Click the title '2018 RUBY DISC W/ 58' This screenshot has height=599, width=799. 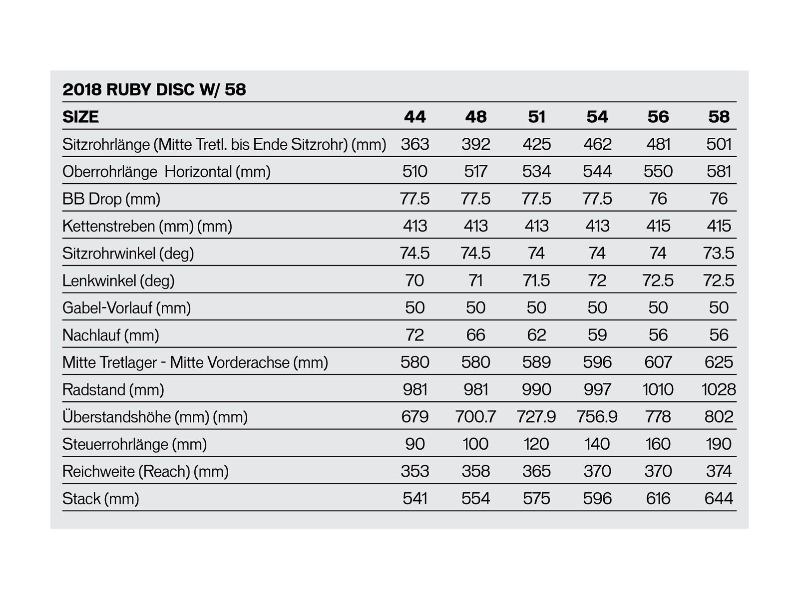(154, 90)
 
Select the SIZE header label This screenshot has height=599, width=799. (80, 117)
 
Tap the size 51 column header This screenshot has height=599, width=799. (536, 117)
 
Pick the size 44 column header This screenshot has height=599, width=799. (414, 117)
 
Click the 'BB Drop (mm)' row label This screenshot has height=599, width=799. (111, 199)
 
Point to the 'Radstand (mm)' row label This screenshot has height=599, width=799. (113, 389)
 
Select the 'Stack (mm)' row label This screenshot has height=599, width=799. (100, 498)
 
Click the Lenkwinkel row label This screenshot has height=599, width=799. (118, 281)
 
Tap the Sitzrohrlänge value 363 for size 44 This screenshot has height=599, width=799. (414, 144)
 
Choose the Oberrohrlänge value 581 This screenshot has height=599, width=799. (719, 172)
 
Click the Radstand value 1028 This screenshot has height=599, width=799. (719, 389)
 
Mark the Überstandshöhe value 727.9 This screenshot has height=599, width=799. (536, 417)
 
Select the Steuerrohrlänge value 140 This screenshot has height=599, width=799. (597, 444)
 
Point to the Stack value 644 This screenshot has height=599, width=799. (719, 498)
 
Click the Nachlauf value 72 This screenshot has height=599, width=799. (414, 335)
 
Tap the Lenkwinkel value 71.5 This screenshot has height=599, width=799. (536, 281)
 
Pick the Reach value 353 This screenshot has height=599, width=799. (414, 471)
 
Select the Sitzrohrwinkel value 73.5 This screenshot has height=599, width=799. (719, 253)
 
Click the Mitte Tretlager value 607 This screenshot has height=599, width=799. (658, 362)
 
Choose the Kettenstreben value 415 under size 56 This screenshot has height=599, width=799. (658, 226)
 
